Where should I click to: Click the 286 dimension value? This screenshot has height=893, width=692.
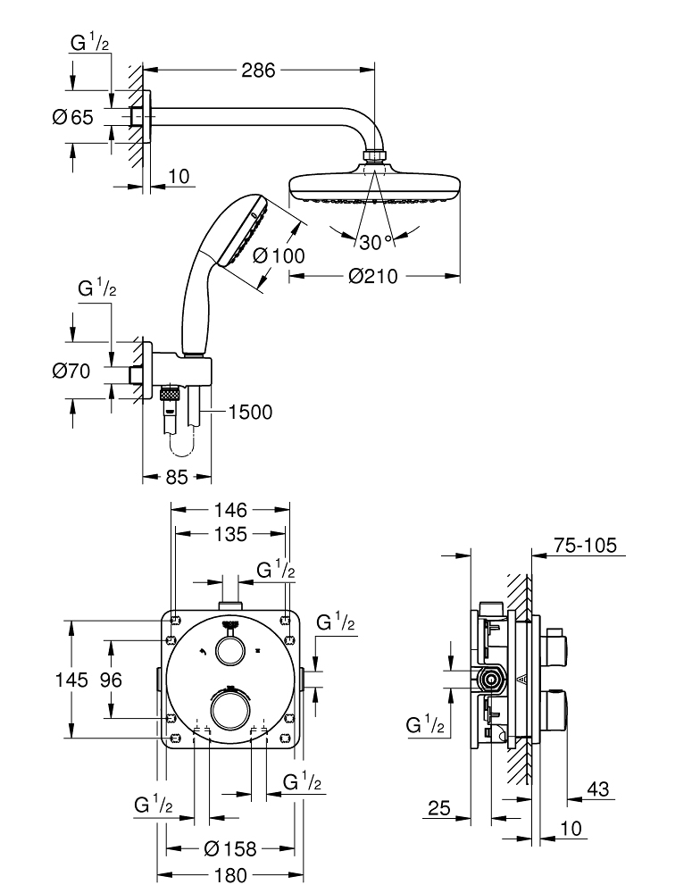(259, 70)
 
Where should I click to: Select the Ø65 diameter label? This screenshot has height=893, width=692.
(72, 117)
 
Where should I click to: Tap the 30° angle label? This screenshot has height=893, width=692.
(377, 241)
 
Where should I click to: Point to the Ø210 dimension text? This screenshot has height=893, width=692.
(373, 277)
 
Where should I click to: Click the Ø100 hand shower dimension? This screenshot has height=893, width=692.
(278, 255)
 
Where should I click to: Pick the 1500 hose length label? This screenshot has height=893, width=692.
(250, 412)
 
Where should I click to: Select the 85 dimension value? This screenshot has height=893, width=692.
(177, 477)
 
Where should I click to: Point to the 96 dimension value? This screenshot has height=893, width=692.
(111, 680)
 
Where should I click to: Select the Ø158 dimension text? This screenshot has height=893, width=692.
(229, 847)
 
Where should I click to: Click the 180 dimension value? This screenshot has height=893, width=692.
(229, 875)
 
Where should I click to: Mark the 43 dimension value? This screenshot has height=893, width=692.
(598, 789)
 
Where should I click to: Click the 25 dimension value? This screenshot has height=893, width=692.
(438, 808)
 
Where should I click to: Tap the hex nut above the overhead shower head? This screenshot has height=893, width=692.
(374, 159)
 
